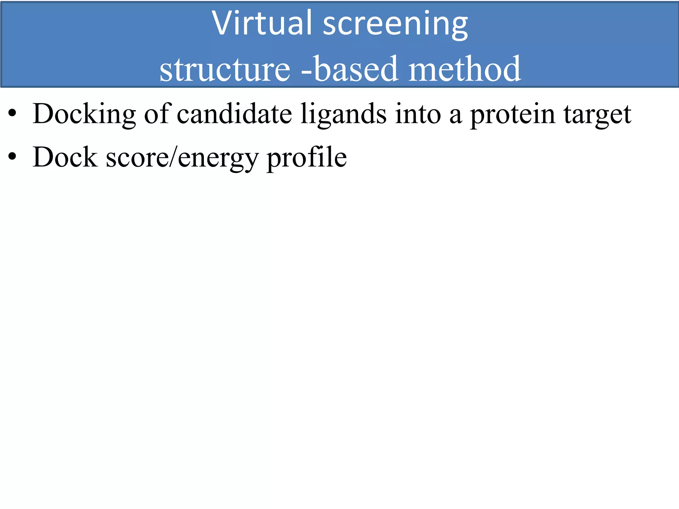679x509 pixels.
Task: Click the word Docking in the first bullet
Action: coord(84,114)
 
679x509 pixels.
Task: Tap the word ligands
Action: coord(343,114)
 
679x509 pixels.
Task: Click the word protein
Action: coord(513,114)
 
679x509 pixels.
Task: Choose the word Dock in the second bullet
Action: coord(65,157)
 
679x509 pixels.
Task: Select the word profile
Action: coord(306,158)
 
